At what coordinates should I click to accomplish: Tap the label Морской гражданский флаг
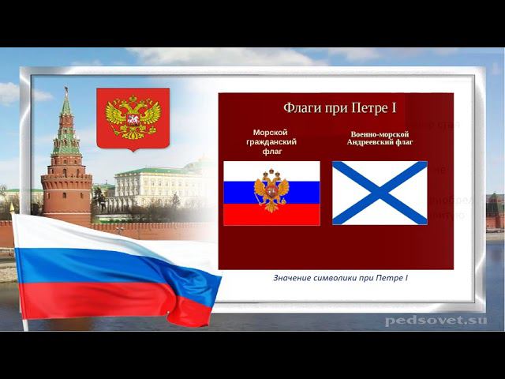click(x=271, y=142)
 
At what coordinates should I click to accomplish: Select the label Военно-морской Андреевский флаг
click(x=380, y=138)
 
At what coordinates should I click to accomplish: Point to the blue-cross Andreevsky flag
click(x=380, y=193)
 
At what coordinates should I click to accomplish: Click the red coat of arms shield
click(x=133, y=118)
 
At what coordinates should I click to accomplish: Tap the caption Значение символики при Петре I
click(x=340, y=278)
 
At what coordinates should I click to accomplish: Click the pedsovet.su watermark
click(x=436, y=320)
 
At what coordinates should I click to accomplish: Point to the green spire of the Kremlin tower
click(x=66, y=107)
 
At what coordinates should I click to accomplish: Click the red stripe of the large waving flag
click(x=95, y=300)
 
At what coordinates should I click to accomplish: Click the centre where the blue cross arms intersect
click(x=380, y=193)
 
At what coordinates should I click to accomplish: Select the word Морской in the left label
click(x=271, y=133)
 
